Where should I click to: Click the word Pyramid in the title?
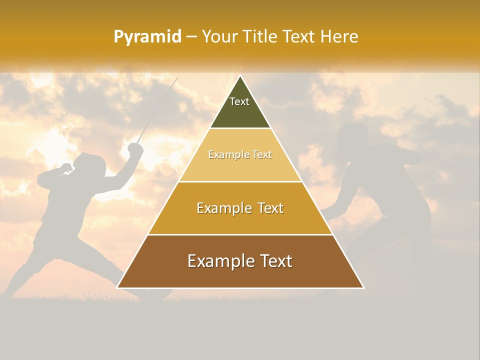click(x=147, y=37)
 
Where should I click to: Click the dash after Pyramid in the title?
click(x=191, y=37)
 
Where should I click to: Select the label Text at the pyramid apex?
click(x=239, y=101)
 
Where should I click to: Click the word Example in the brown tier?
click(x=217, y=261)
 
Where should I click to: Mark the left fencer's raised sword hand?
click(x=135, y=148)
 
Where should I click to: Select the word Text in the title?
click(x=300, y=37)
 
